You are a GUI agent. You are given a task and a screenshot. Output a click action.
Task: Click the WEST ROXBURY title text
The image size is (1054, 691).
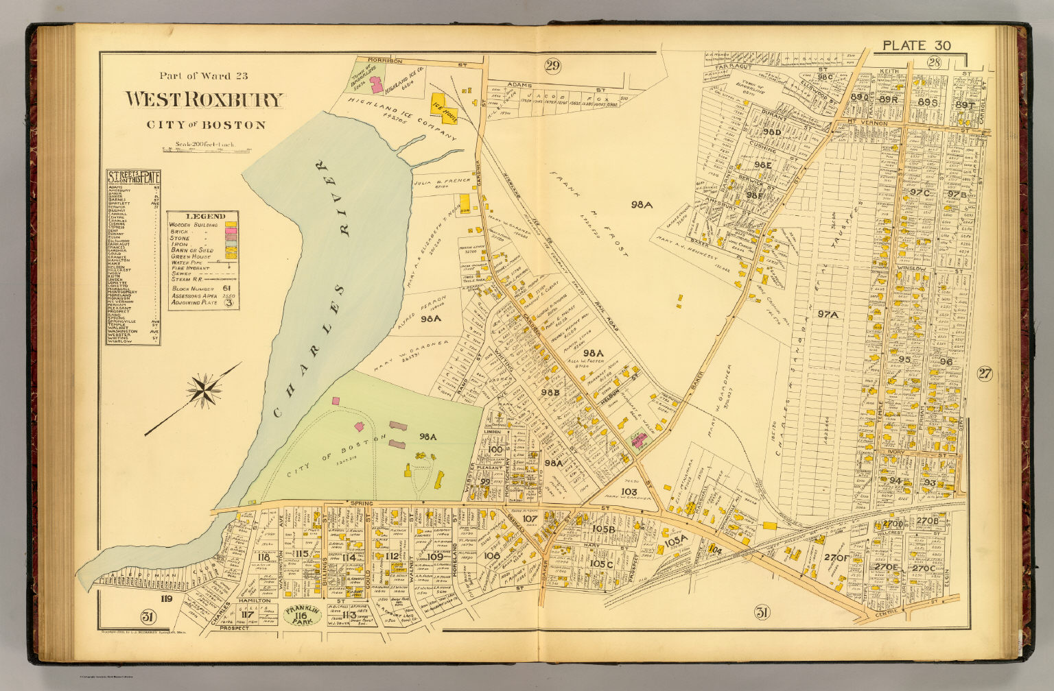point(203,100)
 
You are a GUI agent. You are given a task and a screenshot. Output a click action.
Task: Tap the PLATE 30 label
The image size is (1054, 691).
point(916,46)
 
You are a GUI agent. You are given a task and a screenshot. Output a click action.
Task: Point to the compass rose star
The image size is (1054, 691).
point(204,391)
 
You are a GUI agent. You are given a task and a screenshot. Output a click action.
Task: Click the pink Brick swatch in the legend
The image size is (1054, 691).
point(231,232)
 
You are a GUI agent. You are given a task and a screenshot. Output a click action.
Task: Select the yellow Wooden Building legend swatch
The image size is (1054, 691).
point(231,225)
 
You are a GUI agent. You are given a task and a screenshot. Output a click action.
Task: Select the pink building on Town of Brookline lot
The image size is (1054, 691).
point(376,84)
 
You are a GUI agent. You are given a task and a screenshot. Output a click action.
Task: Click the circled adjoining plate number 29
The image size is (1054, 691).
point(552,66)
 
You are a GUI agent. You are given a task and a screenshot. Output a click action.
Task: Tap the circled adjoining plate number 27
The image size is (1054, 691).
point(985,374)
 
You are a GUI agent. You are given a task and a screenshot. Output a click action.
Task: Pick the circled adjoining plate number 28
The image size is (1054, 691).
point(934,63)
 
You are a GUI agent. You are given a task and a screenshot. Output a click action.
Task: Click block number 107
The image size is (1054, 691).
point(529,519)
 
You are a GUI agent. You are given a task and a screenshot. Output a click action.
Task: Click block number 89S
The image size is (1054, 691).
point(927,102)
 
